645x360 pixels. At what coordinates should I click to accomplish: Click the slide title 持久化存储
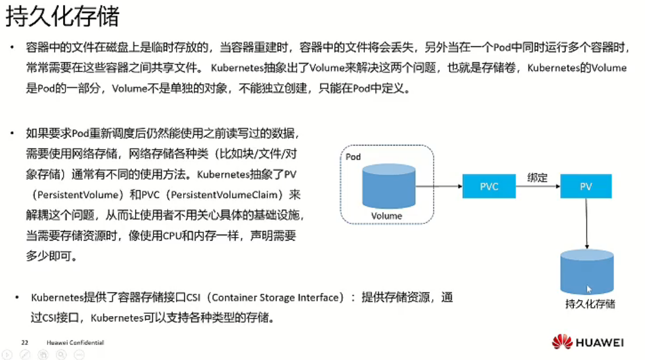[x=62, y=17]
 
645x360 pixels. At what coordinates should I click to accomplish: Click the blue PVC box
[x=489, y=186]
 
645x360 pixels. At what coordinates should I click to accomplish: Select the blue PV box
[x=586, y=186]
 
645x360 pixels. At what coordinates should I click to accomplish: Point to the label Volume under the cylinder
[x=386, y=216]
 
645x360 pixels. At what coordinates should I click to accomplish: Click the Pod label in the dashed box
[x=353, y=157]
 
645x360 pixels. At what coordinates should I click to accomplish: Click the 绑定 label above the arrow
[x=537, y=177]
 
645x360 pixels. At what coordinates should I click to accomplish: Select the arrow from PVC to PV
[x=537, y=187]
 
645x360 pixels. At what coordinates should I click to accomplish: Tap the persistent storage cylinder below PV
[x=587, y=270]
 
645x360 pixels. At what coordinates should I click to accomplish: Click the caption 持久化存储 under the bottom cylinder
[x=590, y=305]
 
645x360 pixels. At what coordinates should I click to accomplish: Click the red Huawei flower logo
[x=562, y=342]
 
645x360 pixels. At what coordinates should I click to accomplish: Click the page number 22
[x=25, y=343]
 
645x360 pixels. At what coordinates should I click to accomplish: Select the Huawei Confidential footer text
[x=75, y=343]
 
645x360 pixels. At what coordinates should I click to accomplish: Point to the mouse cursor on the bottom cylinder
[x=589, y=289]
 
